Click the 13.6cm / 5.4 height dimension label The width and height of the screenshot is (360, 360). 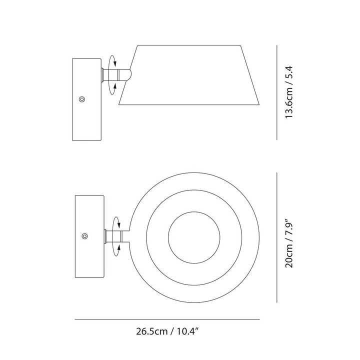click(x=289, y=92)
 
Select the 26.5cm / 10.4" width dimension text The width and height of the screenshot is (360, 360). click(x=167, y=331)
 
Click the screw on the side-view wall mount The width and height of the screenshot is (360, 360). click(x=82, y=99)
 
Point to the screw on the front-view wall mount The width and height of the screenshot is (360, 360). click(x=85, y=236)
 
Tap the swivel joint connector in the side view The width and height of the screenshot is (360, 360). click(x=116, y=74)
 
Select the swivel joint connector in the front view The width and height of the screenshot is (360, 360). click(x=116, y=236)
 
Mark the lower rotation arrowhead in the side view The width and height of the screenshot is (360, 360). click(x=115, y=86)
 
